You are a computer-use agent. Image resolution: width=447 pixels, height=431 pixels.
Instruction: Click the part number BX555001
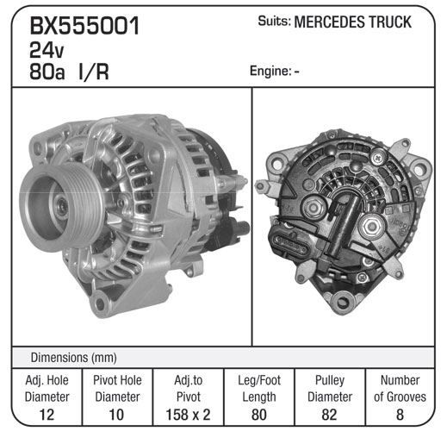[84, 26]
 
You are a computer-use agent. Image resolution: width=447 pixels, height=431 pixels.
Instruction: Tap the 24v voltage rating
[47, 50]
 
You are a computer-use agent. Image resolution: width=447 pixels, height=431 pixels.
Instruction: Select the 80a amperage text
[47, 72]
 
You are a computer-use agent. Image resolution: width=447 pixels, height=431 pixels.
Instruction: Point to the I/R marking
[94, 72]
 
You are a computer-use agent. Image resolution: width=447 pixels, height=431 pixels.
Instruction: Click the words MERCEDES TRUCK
[353, 22]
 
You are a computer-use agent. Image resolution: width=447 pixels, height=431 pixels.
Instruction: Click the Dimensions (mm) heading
[74, 358]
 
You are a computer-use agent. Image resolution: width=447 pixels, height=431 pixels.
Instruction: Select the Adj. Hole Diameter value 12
[47, 415]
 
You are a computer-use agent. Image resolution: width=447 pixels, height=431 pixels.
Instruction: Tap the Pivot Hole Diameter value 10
[116, 415]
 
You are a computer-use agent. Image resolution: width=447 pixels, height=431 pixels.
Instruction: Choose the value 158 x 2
[188, 415]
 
